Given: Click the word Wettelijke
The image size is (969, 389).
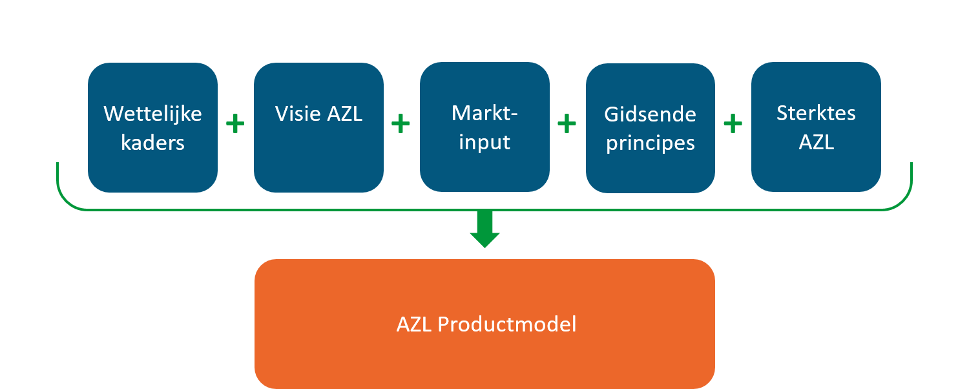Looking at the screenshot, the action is pos(152,114).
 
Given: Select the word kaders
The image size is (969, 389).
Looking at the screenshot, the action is pos(152,143).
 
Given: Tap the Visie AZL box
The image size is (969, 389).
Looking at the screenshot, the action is pos(319,128).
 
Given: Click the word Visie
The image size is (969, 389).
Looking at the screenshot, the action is pos(298,114).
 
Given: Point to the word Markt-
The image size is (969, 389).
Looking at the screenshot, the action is pos(484,113).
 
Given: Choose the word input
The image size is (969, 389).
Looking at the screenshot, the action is pos(484,143).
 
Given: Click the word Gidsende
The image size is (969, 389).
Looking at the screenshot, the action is pos(650,114).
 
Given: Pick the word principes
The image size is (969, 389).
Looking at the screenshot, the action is pos(650,143).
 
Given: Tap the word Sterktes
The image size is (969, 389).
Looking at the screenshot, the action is pos(816,113).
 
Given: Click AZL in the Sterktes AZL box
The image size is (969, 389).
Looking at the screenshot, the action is pos(817,142).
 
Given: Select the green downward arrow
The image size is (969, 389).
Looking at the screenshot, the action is pos(485,229).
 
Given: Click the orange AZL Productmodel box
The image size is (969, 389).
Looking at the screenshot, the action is pos(484,324).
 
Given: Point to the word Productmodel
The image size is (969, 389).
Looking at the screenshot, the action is pos(507,324).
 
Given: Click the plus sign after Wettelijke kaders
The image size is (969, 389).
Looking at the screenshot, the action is pos(235,124).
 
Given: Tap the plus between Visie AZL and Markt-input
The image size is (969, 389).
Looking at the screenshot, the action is pos(401,124).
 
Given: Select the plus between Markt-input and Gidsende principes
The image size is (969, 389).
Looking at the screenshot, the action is pos(567,124).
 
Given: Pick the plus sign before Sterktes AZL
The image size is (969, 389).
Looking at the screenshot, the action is pos(733,124).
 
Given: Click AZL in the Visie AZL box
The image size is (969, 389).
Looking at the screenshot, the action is pos(345,114).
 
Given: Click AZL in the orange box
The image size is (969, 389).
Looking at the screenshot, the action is pos(414,324).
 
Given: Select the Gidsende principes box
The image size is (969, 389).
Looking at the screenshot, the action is pos(650,128).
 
